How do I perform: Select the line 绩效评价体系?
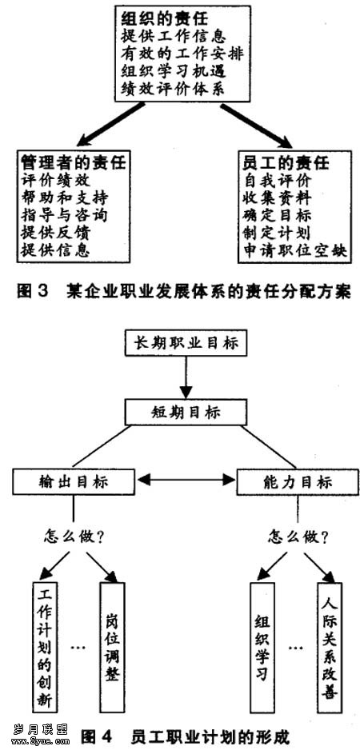pyautogui.click(x=174, y=90)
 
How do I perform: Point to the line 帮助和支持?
pyautogui.click(x=65, y=198)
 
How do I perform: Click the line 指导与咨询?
pyautogui.click(x=64, y=216)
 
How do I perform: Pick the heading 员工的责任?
pyautogui.click(x=286, y=163)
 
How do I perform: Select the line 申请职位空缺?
pyautogui.click(x=294, y=251)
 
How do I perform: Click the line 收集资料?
pyautogui.click(x=277, y=198)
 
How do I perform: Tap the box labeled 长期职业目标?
pyautogui.click(x=186, y=342)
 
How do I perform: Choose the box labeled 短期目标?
pyautogui.click(x=186, y=413)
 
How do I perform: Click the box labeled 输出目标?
pyautogui.click(x=74, y=482)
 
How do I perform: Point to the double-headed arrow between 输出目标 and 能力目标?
pyautogui.click(x=186, y=479)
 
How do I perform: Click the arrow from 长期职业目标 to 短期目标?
pyautogui.click(x=186, y=378)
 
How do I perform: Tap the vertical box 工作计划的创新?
pyautogui.click(x=45, y=647)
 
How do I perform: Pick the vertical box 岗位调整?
pyautogui.click(x=112, y=647)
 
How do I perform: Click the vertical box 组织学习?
pyautogui.click(x=262, y=647)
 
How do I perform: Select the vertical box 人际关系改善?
pyautogui.click(x=330, y=647)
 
